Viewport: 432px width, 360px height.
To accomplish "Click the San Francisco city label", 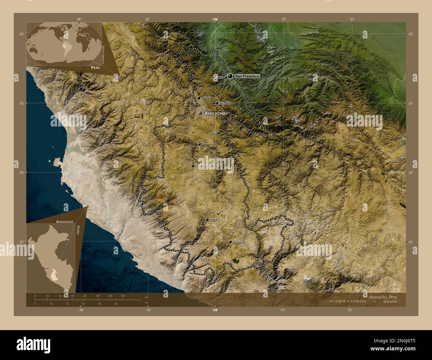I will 247,76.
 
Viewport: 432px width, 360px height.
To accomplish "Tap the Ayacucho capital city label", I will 215,114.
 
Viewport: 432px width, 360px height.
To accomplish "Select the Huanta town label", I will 206,98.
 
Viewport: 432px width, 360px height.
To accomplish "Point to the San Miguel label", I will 225,103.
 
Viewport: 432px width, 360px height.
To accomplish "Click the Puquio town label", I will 214,220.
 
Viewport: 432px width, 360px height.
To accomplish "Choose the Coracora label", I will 238,242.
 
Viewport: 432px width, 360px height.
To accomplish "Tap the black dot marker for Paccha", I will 219,133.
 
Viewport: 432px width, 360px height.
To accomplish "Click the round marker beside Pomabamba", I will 199,144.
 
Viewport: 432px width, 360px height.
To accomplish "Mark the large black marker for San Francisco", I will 230,76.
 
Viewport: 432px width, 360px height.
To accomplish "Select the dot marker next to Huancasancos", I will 193,166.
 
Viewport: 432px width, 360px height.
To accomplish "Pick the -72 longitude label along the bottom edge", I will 349,310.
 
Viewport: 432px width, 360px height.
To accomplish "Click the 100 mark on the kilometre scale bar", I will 98,296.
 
